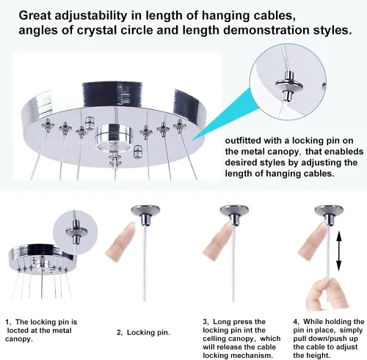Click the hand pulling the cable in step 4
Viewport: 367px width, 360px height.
pyautogui.click(x=318, y=295)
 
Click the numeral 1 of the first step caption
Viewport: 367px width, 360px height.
pyautogui.click(x=7, y=321)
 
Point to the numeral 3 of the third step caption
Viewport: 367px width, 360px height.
pyautogui.click(x=206, y=321)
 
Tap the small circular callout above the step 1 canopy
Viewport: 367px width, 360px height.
pyautogui.click(x=77, y=221)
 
